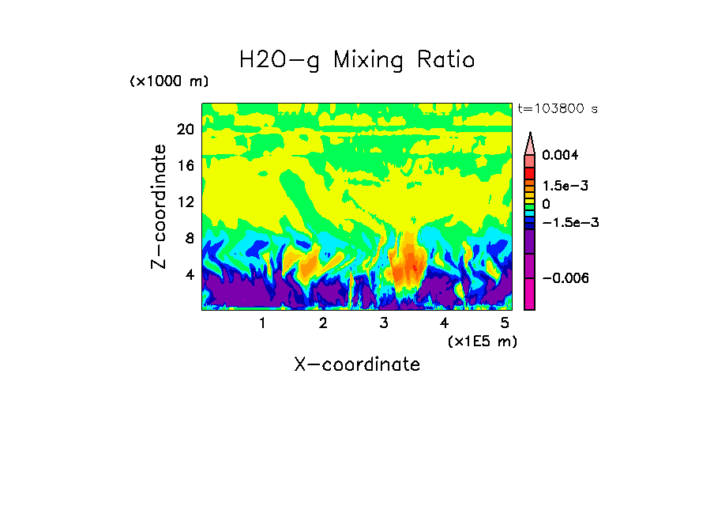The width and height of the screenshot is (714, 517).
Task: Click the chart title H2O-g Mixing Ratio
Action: click(x=357, y=59)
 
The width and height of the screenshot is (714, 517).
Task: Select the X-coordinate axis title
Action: click(x=357, y=364)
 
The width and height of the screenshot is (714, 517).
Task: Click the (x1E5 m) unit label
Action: click(x=483, y=341)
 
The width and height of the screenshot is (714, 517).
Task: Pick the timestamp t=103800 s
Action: click(x=557, y=108)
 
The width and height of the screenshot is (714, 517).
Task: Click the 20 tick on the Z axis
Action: click(x=185, y=130)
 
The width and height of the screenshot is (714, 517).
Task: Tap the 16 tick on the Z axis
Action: click(x=185, y=166)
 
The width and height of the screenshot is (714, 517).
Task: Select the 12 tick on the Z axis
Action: click(x=185, y=202)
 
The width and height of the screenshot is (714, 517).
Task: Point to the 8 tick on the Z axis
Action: click(x=189, y=239)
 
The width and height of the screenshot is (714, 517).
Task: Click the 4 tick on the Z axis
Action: click(x=189, y=275)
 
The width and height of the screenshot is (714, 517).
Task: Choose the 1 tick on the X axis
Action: click(x=262, y=323)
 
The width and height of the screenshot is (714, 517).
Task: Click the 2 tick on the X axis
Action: click(x=323, y=323)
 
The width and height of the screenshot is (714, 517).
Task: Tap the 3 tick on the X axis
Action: click(x=384, y=323)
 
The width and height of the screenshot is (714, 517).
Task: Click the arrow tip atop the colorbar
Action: click(x=530, y=134)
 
